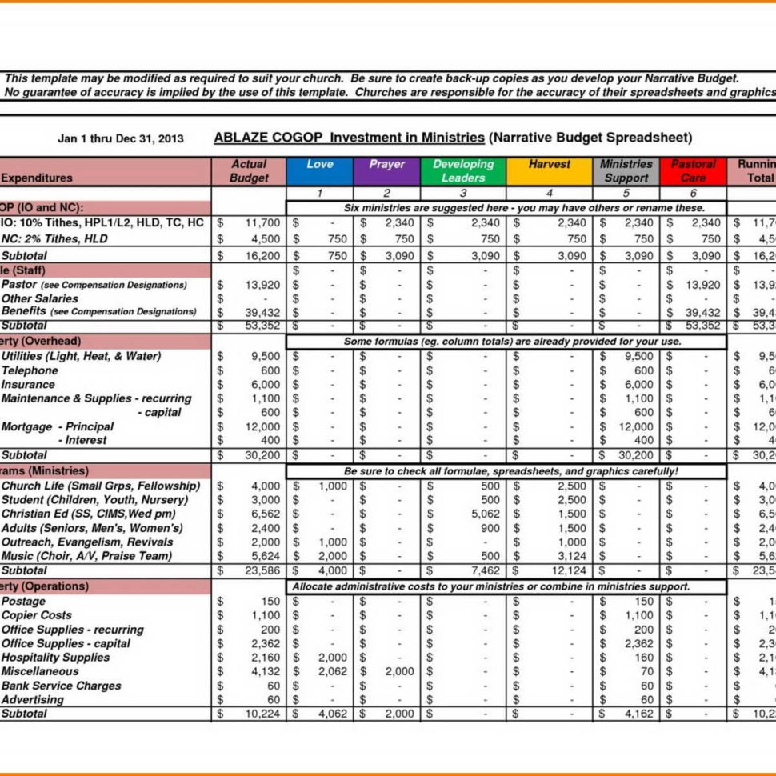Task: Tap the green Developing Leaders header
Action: (463, 171)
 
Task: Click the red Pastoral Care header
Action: (693, 171)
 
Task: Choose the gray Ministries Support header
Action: (626, 171)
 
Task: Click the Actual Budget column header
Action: (249, 171)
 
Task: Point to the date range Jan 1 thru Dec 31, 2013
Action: (121, 138)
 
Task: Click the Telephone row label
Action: (30, 370)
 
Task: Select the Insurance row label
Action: (29, 385)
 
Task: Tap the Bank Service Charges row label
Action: (62, 686)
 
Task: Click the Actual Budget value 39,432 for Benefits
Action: (262, 312)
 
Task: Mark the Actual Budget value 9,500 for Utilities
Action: (266, 356)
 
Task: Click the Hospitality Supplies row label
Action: (56, 657)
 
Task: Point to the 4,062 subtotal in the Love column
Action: (333, 714)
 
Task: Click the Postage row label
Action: (24, 601)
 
